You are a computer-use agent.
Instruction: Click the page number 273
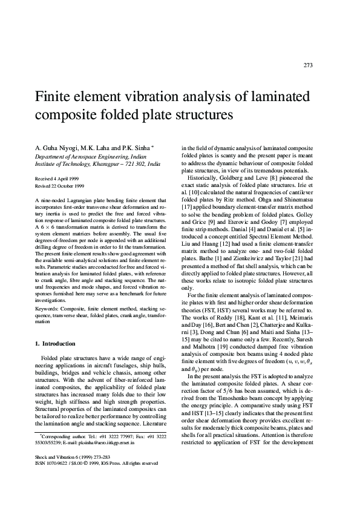click(x=308, y=65)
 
